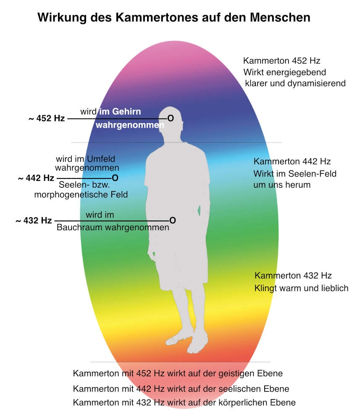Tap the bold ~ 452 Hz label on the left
coord(47,118)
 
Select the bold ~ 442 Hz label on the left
coord(36,178)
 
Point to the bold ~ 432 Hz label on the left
coord(34,221)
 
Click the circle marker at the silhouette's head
coord(171,118)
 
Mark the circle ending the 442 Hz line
coord(115,178)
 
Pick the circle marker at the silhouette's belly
coord(173,220)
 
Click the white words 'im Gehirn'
coord(120,111)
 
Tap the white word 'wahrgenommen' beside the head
coord(130,125)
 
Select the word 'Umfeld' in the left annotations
coord(101,159)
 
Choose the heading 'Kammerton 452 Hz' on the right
coord(282,61)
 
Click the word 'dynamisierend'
coord(317,83)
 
